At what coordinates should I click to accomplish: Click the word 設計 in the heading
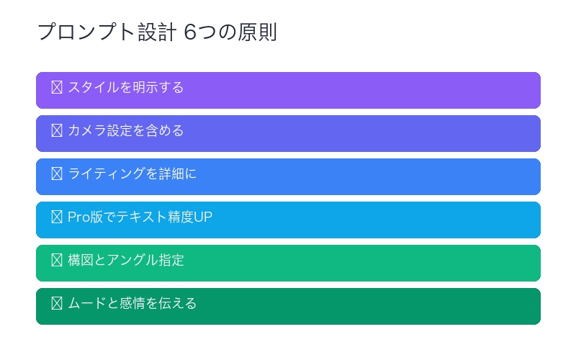pyautogui.click(x=158, y=33)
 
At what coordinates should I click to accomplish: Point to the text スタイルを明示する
pyautogui.click(x=126, y=88)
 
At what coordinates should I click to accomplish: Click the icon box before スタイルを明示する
pyautogui.click(x=57, y=88)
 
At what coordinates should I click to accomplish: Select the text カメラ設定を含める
pyautogui.click(x=126, y=131)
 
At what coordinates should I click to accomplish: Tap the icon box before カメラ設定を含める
pyautogui.click(x=57, y=131)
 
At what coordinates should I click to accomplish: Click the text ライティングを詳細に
pyautogui.click(x=132, y=174)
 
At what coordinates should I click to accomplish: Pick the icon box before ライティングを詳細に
pyautogui.click(x=57, y=174)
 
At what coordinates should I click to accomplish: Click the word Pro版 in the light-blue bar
pyautogui.click(x=85, y=217)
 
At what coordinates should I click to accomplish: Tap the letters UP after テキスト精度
pyautogui.click(x=203, y=217)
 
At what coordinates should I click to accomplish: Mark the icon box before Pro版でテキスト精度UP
pyautogui.click(x=57, y=217)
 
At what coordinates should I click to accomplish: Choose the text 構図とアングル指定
pyautogui.click(x=126, y=261)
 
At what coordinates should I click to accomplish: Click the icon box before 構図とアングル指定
pyautogui.click(x=57, y=261)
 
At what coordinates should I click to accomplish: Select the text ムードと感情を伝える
pyautogui.click(x=132, y=304)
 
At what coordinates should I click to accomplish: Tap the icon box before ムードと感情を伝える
pyautogui.click(x=57, y=304)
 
